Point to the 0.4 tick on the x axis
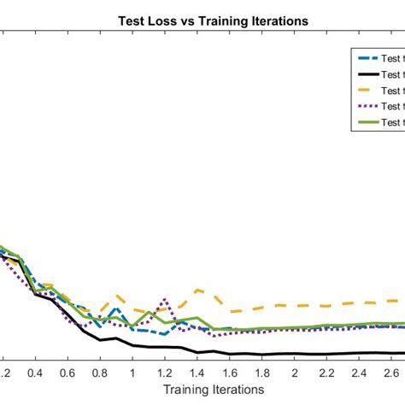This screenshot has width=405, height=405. pos(35,373)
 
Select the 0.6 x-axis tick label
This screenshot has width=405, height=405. pos(67,373)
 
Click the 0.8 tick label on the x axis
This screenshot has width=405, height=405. pos(100,373)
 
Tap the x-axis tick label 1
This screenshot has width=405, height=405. pos(132,373)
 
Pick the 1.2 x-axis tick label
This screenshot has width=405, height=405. pos(165,373)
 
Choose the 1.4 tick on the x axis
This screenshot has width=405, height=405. pos(197,373)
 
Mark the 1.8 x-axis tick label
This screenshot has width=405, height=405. pos(262,373)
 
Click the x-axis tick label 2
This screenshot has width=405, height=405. pos(295,373)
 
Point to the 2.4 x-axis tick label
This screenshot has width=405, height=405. pos(360,373)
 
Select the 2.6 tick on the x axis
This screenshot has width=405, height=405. pos(392,373)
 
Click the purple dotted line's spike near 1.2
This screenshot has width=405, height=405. pos(165,300)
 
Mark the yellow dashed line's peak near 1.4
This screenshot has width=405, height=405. pos(197,290)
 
